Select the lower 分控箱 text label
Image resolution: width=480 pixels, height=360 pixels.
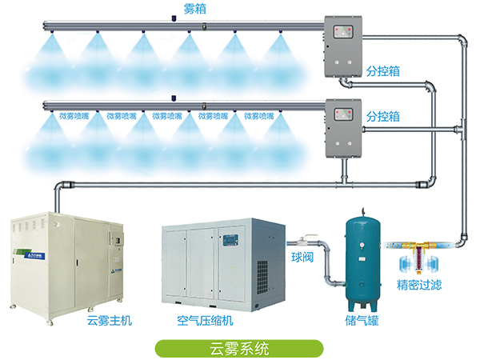383,118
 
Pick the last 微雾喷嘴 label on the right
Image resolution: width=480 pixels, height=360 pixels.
259,116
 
